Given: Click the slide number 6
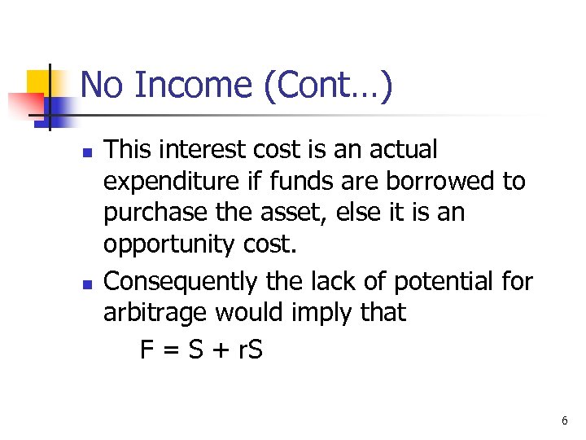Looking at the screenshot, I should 564,421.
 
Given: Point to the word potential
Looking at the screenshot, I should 436,281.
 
